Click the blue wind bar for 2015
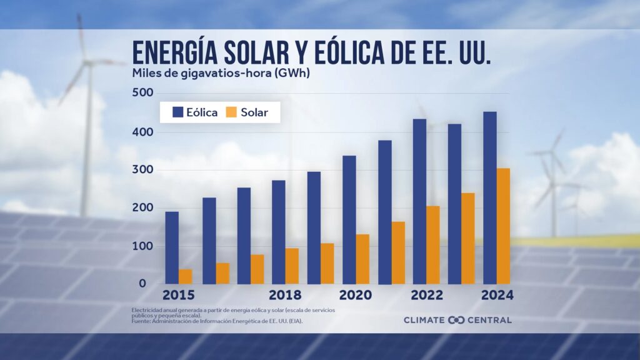pyautogui.click(x=172, y=247)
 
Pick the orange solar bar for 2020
pyautogui.click(x=362, y=259)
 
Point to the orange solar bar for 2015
pyautogui.click(x=186, y=276)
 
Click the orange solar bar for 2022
pyautogui.click(x=432, y=244)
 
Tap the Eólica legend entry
pyautogui.click(x=195, y=112)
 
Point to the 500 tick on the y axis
pyautogui.click(x=142, y=92)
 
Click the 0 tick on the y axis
pyautogui.click(x=142, y=283)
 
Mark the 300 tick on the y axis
pyautogui.click(x=142, y=170)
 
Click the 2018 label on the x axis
pyautogui.click(x=286, y=295)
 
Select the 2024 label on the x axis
pyautogui.click(x=497, y=295)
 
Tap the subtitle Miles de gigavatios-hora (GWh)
pyautogui.click(x=221, y=72)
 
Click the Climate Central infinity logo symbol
pyautogui.click(x=456, y=320)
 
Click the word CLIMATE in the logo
pyautogui.click(x=424, y=320)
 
